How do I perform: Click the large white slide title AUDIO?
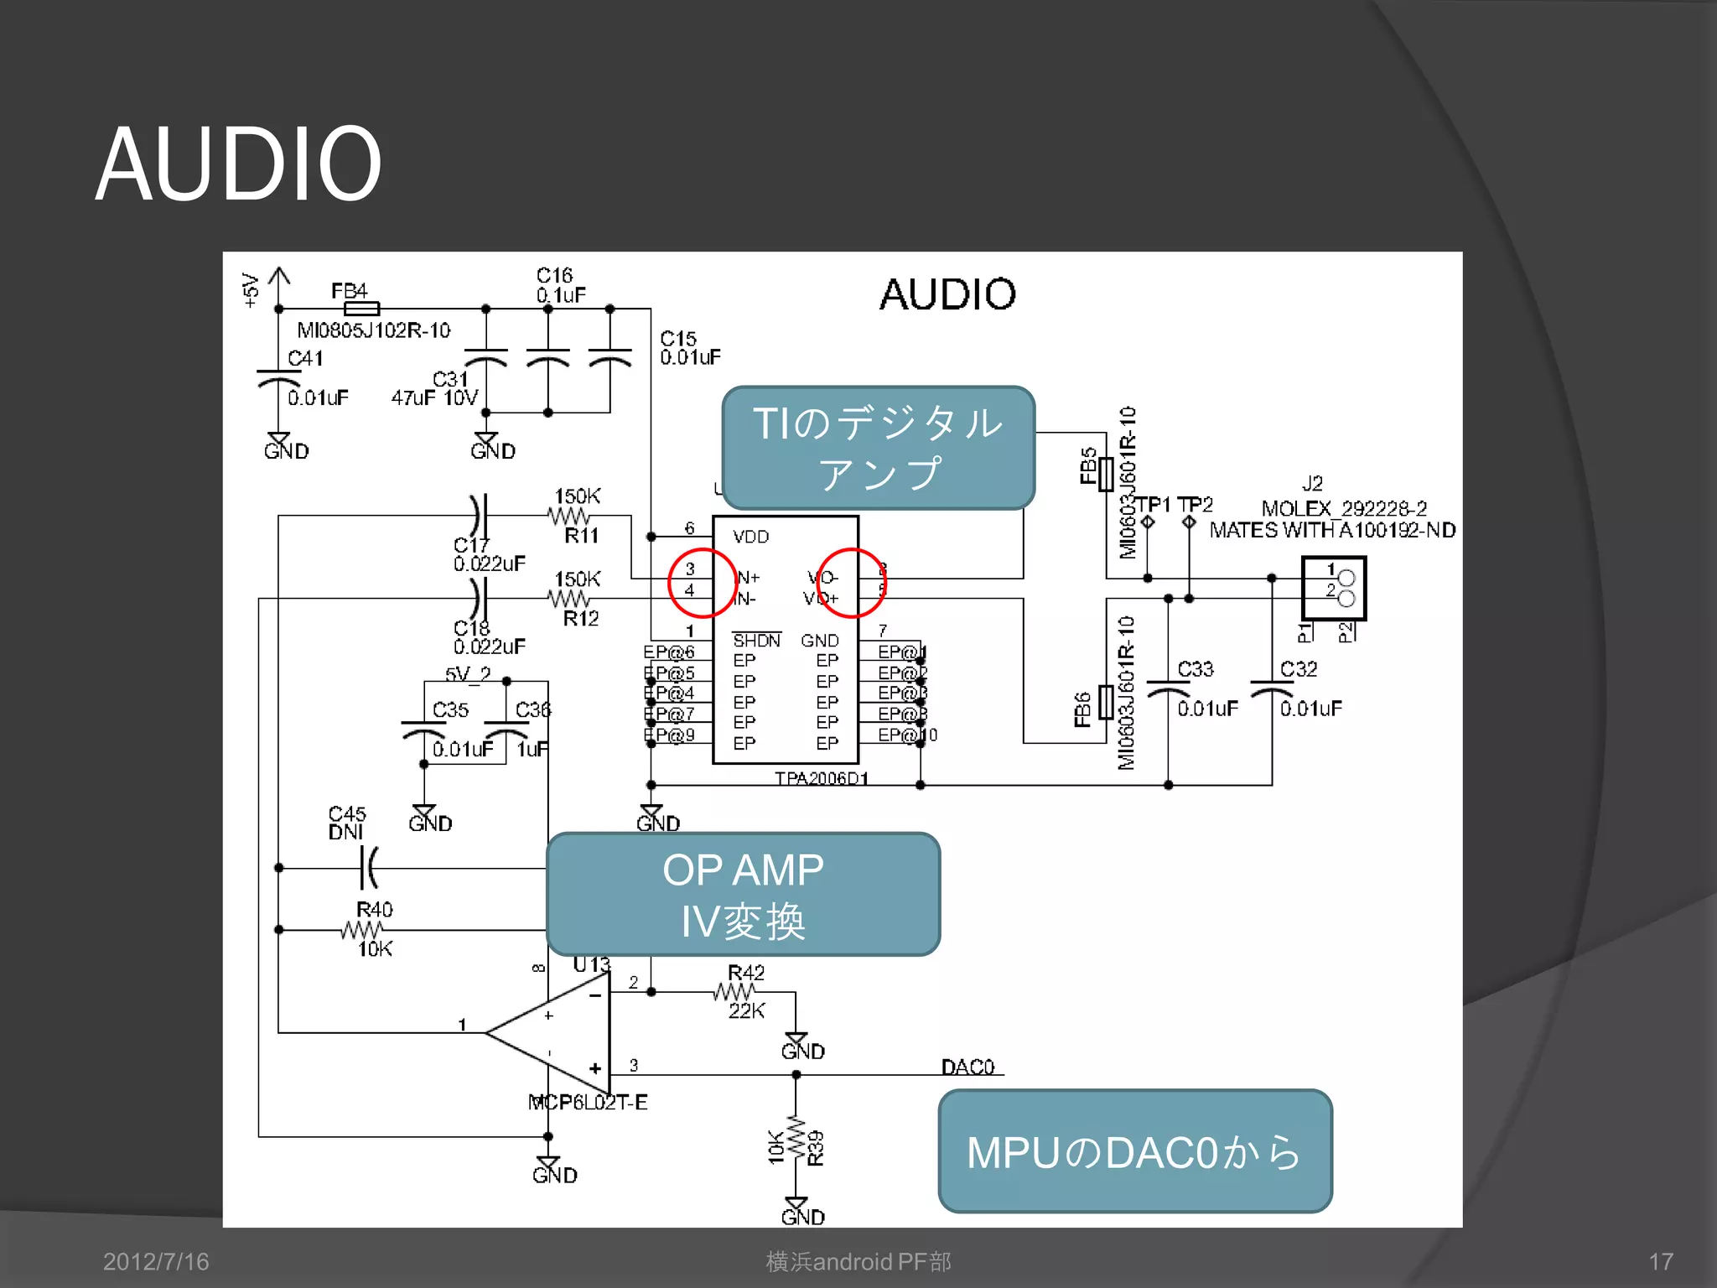238,164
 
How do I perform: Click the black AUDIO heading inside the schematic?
947,294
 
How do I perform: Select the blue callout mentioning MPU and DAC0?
1134,1151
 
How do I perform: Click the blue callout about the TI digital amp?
878,448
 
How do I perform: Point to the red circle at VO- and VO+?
850,583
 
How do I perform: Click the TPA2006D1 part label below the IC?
821,778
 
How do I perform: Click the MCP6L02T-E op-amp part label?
588,1102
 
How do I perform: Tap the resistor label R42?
745,972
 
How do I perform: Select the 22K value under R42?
746,1010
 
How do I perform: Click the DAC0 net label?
967,1067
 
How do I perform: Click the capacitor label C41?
305,358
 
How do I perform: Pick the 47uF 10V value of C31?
434,397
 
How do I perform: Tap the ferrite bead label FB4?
349,290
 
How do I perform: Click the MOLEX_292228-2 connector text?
1343,508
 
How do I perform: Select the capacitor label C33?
1195,669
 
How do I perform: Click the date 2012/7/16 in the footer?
156,1261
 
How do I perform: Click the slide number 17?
1660,1261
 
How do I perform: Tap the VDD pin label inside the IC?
750,537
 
